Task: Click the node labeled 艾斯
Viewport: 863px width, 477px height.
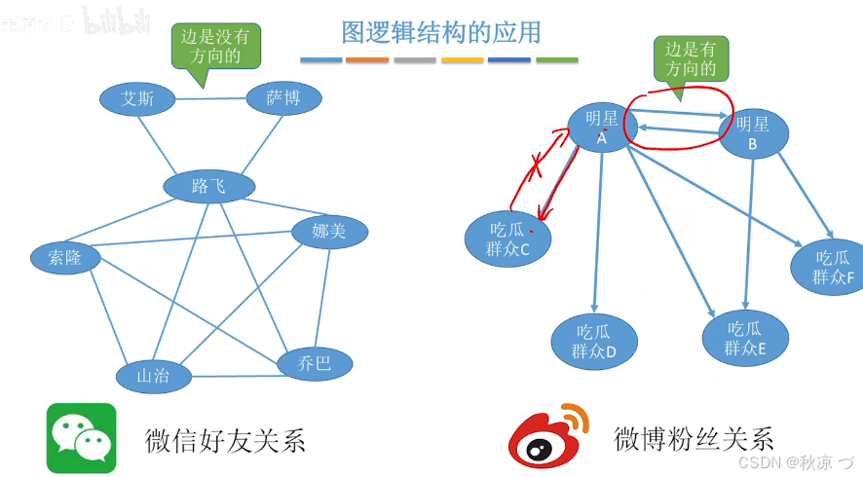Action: (137, 98)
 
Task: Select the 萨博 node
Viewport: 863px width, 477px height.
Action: (281, 97)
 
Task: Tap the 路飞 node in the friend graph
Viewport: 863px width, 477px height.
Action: (209, 186)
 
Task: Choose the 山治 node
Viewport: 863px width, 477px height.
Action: (154, 376)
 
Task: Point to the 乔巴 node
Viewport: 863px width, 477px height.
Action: (315, 364)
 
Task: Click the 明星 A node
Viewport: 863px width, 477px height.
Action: (602, 128)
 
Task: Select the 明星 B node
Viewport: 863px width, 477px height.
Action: (753, 134)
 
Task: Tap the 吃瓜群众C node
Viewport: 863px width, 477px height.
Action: (507, 238)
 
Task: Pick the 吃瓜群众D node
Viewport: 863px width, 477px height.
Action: (594, 341)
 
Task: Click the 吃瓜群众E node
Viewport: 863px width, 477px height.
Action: (745, 338)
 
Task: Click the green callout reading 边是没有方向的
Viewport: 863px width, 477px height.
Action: (215, 46)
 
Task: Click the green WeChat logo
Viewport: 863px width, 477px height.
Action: (81, 438)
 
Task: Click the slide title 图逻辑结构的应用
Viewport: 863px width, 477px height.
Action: (440, 33)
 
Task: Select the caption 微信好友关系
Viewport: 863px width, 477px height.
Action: (226, 440)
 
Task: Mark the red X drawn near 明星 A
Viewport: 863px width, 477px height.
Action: (535, 166)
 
